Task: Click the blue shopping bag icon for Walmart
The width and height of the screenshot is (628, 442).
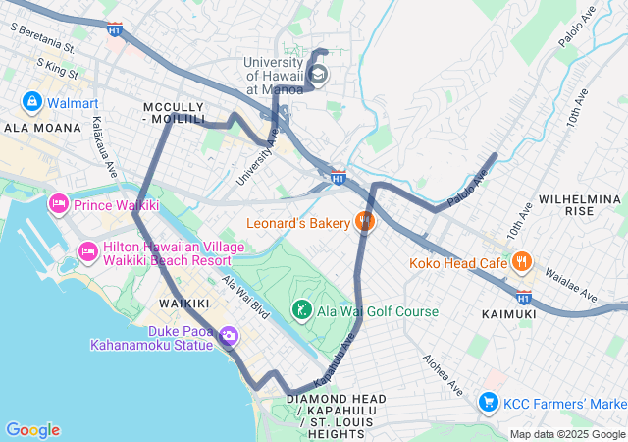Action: (x=31, y=102)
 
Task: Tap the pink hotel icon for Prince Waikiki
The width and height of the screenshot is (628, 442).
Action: (x=59, y=204)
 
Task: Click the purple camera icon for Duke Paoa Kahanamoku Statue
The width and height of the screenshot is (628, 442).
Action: (x=229, y=337)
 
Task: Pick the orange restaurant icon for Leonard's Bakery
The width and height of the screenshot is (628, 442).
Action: (x=365, y=223)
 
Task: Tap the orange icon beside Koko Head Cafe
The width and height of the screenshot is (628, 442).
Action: (x=521, y=262)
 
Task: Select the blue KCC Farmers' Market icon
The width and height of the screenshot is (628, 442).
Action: (x=488, y=403)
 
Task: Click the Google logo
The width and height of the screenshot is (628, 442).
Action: (x=32, y=430)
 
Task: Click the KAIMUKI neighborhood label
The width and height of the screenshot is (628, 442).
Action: (x=509, y=313)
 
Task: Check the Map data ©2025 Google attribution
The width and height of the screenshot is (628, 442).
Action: (x=566, y=434)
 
